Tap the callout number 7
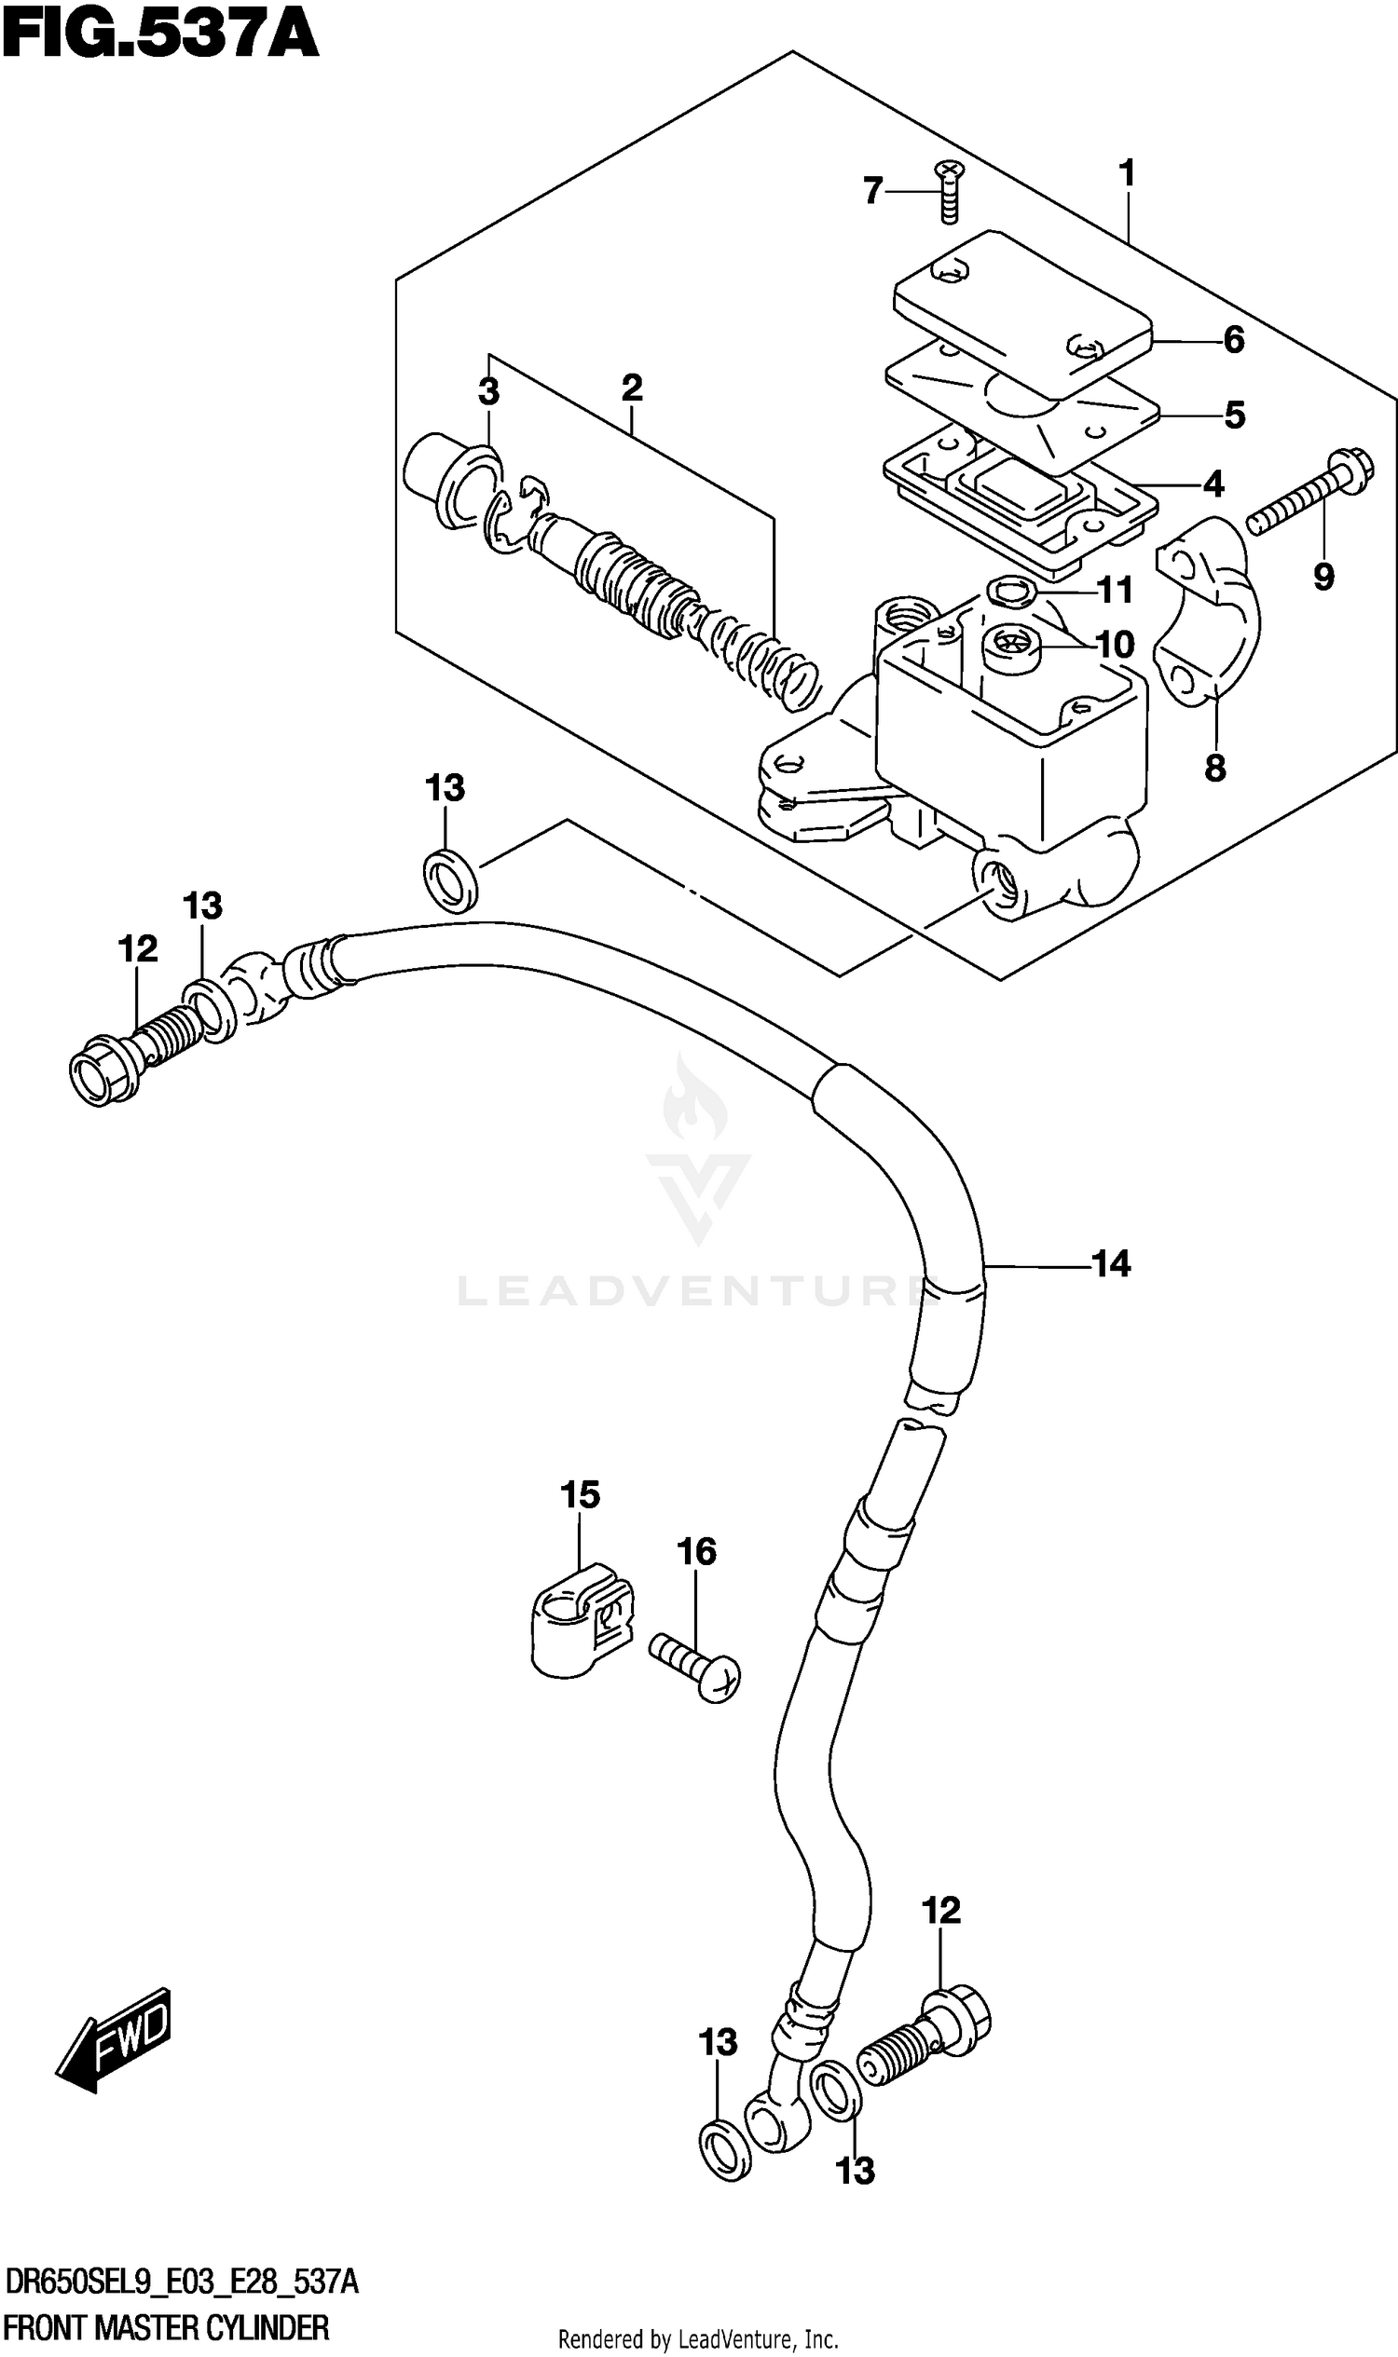pos(873,191)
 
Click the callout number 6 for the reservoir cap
pos(1233,340)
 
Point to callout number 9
pos(1323,576)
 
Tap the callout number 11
pos(1116,592)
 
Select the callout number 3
pos(488,391)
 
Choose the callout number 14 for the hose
pos(1111,1263)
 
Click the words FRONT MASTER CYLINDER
pos(167,2330)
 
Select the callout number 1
pos(1126,173)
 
